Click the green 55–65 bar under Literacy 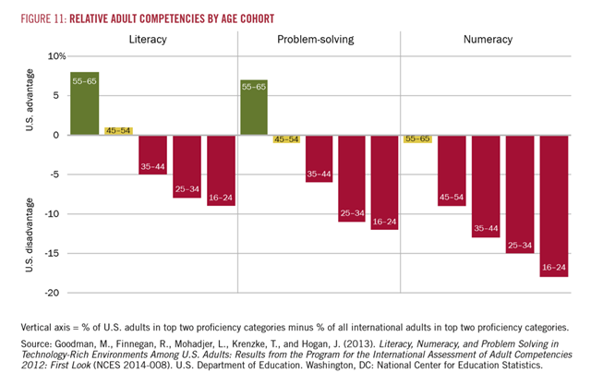(85, 103)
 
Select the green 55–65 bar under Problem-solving (254, 107)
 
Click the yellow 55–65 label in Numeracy (417, 138)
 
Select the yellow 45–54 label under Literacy (118, 130)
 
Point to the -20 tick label (54, 293)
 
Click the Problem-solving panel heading (319, 40)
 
